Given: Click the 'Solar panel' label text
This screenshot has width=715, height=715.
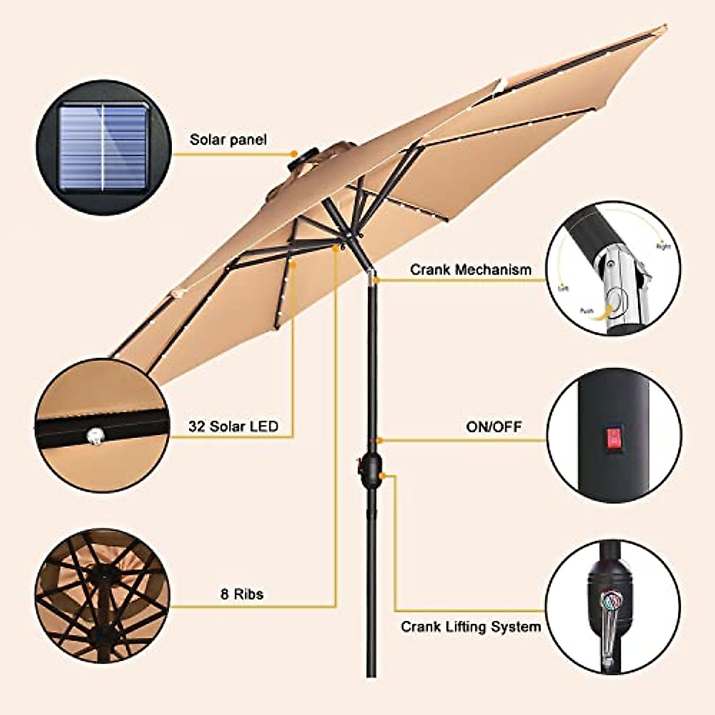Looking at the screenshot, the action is [228, 140].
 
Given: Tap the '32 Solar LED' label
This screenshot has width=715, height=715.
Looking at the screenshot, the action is [233, 427].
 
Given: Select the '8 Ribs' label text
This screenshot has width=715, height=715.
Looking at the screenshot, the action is [241, 594].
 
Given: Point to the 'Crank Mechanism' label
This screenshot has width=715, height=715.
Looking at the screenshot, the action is [470, 270].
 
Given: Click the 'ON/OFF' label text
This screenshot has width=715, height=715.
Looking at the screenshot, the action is [493, 427].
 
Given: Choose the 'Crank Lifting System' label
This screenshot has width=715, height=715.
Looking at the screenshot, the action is [471, 627].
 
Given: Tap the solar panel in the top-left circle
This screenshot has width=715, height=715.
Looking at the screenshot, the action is [102, 148].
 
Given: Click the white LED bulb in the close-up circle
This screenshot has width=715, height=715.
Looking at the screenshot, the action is [94, 436].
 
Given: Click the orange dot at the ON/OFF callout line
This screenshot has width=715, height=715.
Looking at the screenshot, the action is [380, 441].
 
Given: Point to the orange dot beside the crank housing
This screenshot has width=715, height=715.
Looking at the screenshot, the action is [388, 476].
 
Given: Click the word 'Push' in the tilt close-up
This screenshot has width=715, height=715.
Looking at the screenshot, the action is [585, 310].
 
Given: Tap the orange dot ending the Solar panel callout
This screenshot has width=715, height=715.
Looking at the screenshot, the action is [294, 154].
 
